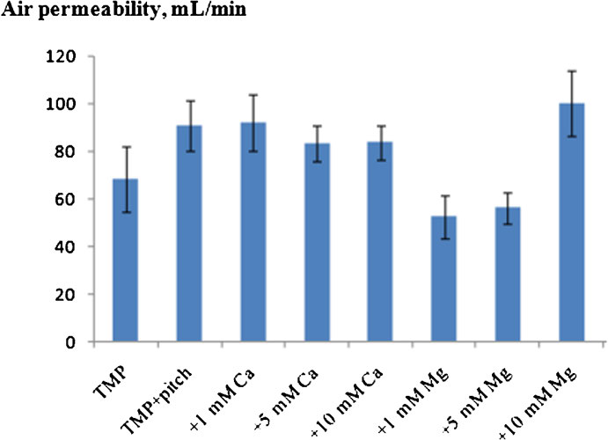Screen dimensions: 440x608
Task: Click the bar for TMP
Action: pos(124,264)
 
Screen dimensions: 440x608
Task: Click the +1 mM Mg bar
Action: pos(444,282)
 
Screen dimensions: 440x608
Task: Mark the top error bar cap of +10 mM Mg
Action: pos(572,71)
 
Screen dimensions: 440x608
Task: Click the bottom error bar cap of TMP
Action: pos(124,212)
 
